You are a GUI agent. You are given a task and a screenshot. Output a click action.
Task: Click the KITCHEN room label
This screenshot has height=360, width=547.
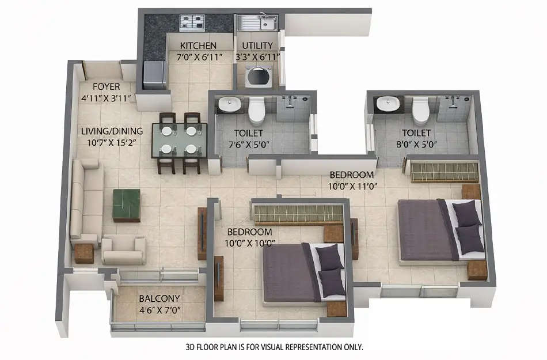[198, 46]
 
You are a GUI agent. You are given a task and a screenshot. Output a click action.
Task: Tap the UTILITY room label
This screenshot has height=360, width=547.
[257, 46]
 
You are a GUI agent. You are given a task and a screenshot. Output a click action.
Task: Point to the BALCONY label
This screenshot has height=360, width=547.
[159, 298]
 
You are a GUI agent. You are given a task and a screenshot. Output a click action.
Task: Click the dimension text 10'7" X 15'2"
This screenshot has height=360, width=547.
[112, 143]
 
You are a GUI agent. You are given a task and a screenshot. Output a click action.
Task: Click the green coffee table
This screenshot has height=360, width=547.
[127, 204]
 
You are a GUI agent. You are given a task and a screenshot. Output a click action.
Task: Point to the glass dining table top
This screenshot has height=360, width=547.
[179, 140]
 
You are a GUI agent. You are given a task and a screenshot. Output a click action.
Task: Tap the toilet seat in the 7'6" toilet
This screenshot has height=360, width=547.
[256, 109]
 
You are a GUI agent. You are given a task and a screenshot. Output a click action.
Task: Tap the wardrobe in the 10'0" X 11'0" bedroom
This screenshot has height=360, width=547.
[443, 172]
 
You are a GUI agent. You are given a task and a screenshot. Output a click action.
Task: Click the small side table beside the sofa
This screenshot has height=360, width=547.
[84, 253]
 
